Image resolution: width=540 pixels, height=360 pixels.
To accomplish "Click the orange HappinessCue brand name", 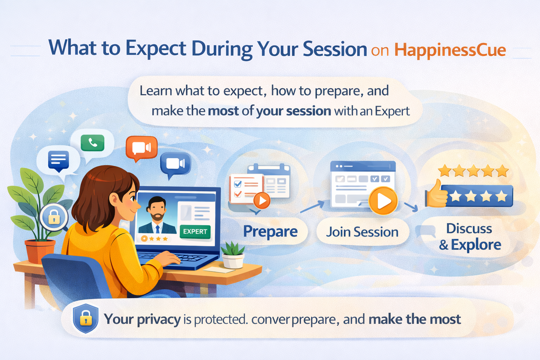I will click(450, 50).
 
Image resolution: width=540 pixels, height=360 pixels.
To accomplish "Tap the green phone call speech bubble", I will click(92, 143).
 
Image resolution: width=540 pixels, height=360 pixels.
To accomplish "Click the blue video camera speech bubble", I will click(175, 163).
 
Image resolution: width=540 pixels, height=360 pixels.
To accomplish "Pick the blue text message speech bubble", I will click(58, 160).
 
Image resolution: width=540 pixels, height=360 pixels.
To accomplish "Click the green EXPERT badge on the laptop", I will click(195, 231).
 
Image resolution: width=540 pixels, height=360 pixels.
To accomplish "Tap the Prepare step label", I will click(270, 231).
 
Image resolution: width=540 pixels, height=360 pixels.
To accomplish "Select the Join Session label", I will click(362, 232).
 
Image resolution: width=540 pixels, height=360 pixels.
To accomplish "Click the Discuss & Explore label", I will click(469, 237).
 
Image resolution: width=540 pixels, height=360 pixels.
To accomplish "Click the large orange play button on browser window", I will click(383, 201).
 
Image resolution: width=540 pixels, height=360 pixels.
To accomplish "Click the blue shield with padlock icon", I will click(85, 318).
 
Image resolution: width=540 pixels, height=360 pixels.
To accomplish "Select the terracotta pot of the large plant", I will click(39, 251).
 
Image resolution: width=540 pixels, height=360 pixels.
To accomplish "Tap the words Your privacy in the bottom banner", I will click(142, 319).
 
